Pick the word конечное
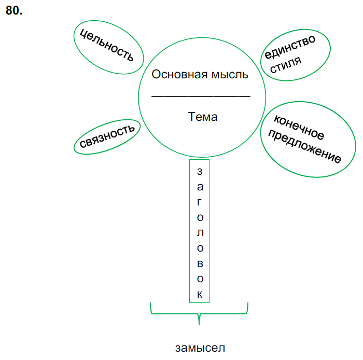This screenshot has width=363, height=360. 298,128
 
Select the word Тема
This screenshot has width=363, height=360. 203,117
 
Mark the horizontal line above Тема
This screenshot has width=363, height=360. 201,96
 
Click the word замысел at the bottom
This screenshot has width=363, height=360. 200,347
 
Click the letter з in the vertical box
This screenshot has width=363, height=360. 200,171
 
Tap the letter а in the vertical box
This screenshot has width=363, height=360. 200,186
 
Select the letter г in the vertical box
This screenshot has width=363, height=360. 200,202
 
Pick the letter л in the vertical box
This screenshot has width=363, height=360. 200,232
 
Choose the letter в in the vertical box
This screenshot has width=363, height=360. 200,264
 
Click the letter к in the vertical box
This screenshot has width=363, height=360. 200,295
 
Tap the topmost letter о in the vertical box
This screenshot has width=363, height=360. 200,217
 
